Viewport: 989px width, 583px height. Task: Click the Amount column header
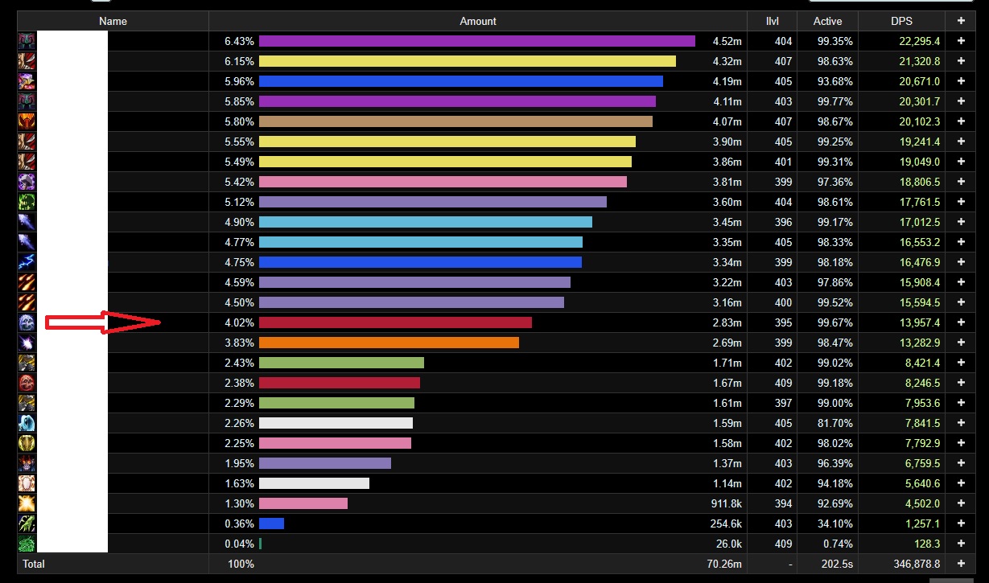click(x=478, y=22)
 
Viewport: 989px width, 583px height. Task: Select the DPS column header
click(x=901, y=22)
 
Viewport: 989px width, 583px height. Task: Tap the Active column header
click(x=827, y=22)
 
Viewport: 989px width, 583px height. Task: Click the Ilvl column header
click(x=772, y=22)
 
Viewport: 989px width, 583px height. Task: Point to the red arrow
click(x=103, y=322)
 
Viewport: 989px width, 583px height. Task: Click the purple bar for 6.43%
click(x=476, y=41)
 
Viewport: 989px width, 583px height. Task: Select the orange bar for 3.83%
click(x=389, y=343)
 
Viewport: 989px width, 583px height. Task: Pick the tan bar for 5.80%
click(x=455, y=121)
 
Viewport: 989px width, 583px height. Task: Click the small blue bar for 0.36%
click(x=271, y=523)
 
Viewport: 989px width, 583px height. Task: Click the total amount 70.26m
click(x=723, y=564)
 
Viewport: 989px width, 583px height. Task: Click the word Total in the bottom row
click(x=34, y=564)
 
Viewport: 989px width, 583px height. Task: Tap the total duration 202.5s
click(x=837, y=564)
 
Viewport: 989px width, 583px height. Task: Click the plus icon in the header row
click(x=961, y=22)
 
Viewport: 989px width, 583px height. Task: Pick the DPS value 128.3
click(x=926, y=544)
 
